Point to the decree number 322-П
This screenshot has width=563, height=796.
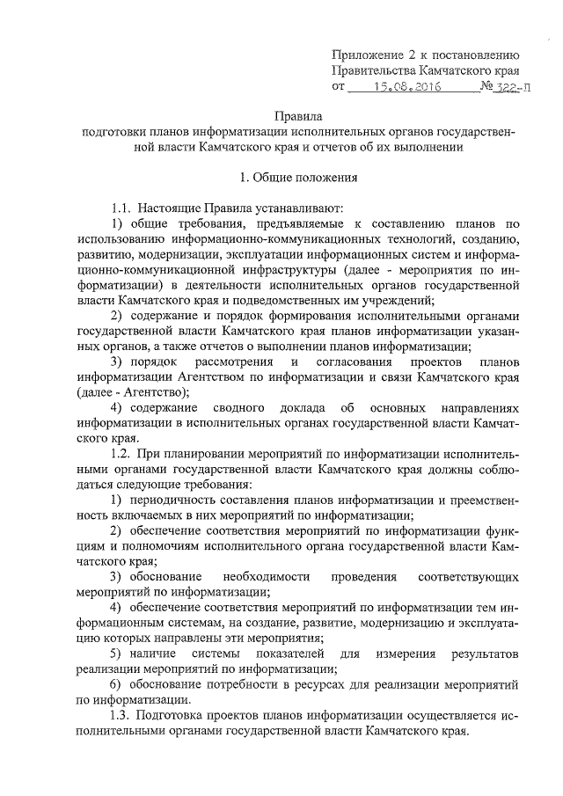click(x=511, y=87)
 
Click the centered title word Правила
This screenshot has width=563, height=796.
click(x=298, y=116)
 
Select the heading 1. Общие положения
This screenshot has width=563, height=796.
click(x=298, y=177)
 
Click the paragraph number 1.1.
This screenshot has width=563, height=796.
click(x=121, y=208)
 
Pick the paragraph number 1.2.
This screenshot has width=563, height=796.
click(x=121, y=454)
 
